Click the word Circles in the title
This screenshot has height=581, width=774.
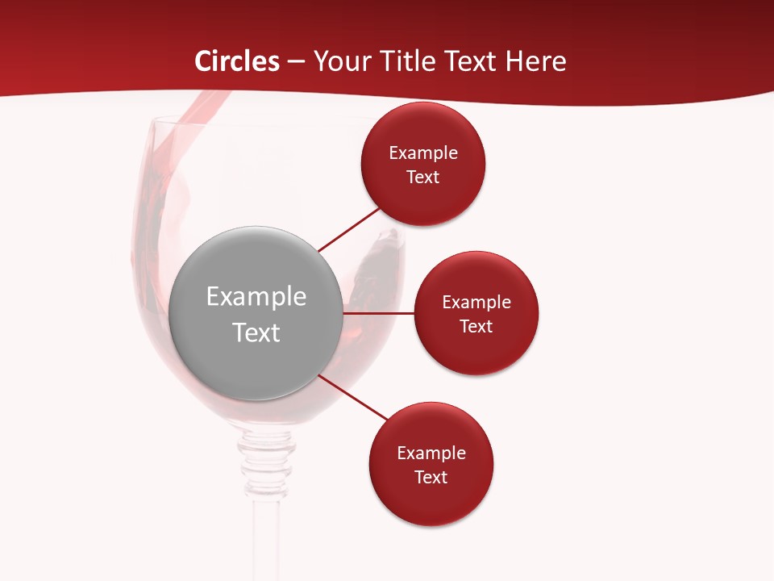(236, 61)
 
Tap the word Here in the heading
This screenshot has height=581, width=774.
(535, 61)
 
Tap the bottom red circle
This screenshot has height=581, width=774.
(431, 500)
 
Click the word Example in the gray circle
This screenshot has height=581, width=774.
(256, 297)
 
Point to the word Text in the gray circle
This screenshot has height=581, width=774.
(256, 332)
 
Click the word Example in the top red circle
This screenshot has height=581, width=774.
(423, 153)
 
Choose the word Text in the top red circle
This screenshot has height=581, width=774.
(423, 178)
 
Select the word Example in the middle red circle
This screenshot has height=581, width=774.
(476, 303)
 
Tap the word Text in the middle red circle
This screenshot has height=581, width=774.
(476, 327)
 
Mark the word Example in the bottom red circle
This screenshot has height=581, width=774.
(431, 454)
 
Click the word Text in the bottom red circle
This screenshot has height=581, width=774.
(431, 478)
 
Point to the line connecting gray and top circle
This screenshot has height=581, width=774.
(348, 229)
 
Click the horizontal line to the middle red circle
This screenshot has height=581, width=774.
(379, 313)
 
